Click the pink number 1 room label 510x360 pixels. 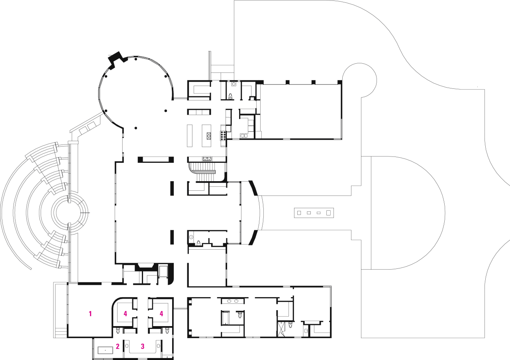[x=90, y=314]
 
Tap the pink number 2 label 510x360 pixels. [x=118, y=346]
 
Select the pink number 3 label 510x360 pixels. [x=143, y=346]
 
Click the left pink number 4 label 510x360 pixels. [x=125, y=314]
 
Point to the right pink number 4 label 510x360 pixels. [x=161, y=314]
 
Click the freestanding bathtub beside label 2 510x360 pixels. [x=106, y=350]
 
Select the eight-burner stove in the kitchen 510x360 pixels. [x=224, y=136]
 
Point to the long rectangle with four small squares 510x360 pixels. [x=314, y=213]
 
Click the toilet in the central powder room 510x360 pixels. [x=198, y=242]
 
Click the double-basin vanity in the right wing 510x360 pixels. [x=233, y=301]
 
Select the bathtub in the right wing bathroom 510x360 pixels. [x=224, y=318]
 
